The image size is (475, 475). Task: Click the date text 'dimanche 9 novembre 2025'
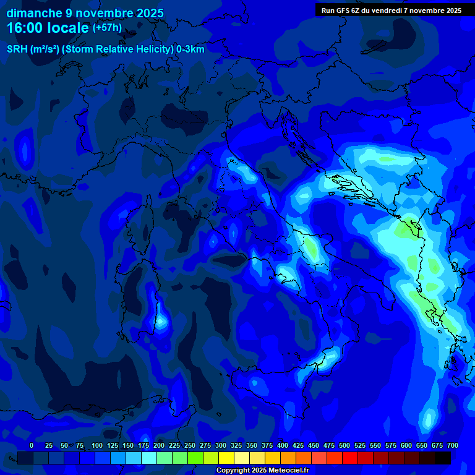(85, 13)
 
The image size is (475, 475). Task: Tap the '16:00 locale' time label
(48, 28)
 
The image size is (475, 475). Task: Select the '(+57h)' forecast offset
(107, 28)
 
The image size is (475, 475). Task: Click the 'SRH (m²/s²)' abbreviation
(33, 49)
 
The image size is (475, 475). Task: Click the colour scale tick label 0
(32, 445)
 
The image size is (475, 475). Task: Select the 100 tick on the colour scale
(97, 445)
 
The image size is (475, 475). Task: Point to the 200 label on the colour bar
(159, 445)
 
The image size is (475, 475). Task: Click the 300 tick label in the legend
(221, 445)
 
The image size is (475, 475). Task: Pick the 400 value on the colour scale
(283, 445)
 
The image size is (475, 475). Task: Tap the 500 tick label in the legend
(344, 445)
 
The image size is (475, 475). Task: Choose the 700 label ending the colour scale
(453, 445)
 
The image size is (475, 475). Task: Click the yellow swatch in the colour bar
(226, 458)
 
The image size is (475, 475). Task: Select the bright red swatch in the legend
(350, 458)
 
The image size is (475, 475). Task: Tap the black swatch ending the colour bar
(443, 458)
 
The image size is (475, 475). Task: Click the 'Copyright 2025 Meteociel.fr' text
(262, 470)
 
